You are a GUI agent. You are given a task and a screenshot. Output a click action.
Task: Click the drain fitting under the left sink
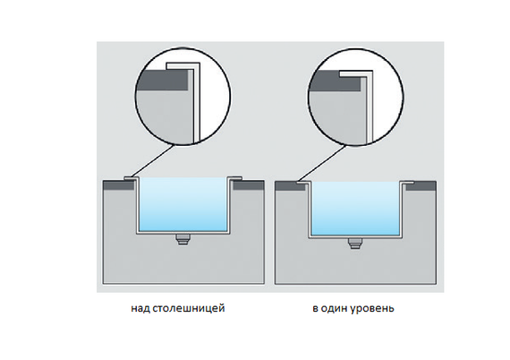(183, 239)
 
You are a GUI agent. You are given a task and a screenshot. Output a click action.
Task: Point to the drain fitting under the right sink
(355, 243)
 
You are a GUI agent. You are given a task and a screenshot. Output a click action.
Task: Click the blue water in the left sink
(183, 204)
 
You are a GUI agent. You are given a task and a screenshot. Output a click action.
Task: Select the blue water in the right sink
(355, 209)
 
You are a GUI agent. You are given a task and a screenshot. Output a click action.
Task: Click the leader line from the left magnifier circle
(150, 161)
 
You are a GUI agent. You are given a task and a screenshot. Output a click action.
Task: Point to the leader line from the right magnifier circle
(320, 163)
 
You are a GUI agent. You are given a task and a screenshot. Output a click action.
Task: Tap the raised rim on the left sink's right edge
(234, 178)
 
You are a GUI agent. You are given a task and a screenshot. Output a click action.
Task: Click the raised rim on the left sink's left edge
(132, 178)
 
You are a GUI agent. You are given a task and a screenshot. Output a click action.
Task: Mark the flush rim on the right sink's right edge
(407, 183)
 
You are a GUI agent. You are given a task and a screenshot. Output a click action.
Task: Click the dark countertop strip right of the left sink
(249, 185)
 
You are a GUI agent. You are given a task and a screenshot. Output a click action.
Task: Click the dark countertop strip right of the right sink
(421, 186)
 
